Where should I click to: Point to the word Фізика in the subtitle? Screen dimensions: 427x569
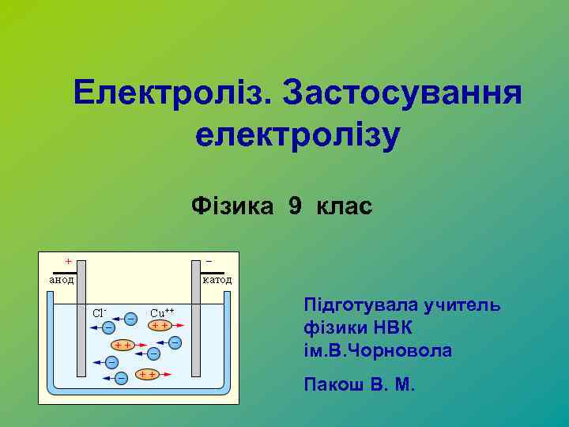coord(232,207)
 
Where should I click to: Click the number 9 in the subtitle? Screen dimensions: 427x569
coord(295,207)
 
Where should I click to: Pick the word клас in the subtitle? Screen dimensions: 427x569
coord(343,207)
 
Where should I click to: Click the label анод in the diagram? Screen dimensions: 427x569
coord(61,279)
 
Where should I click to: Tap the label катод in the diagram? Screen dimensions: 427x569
coord(217,279)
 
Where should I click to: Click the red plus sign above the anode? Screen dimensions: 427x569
coord(68,260)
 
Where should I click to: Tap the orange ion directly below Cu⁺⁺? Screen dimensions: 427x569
coord(160,325)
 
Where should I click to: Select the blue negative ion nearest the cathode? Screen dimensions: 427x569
coord(175,342)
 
